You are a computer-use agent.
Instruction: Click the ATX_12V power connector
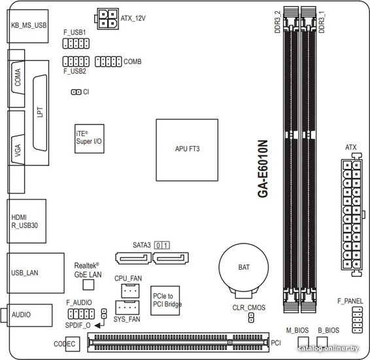pos(108,19)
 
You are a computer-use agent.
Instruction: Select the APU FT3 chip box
pos(187,150)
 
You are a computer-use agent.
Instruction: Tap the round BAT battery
pos(244,268)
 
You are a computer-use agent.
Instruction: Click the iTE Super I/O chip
pos(90,139)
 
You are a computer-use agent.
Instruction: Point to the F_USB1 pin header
pos(76,43)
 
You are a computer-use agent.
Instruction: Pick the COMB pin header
pos(109,62)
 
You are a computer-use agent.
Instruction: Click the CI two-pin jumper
pos(76,92)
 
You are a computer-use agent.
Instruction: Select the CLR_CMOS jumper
pos(251,318)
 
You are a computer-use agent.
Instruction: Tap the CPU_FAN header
pos(130,291)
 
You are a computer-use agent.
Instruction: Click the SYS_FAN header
pos(127,308)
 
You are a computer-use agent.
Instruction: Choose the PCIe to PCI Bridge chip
pos(165,300)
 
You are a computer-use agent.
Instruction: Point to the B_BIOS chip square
pos(322,342)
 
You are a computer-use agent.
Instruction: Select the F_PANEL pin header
pos(358,320)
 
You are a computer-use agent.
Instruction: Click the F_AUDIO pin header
pos(81,314)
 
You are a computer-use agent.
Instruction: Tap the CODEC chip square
pos(73,344)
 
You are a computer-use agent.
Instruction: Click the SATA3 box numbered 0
pos(158,245)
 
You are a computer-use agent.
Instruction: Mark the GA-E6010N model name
pos(263,169)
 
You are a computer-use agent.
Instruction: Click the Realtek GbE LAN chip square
pos(88,285)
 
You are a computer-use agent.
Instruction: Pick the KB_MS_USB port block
pos(28,26)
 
